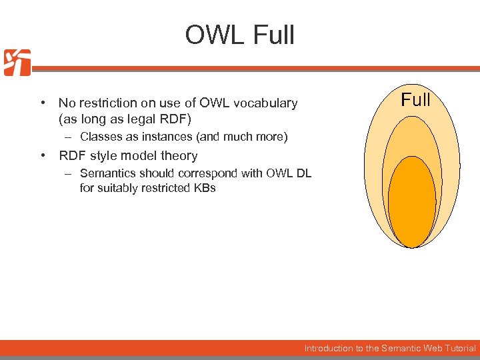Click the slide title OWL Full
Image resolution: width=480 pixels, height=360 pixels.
[x=239, y=35]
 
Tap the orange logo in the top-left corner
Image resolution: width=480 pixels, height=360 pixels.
[x=17, y=63]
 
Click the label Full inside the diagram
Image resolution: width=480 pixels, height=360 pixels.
[x=415, y=101]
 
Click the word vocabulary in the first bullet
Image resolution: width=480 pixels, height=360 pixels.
[x=266, y=103]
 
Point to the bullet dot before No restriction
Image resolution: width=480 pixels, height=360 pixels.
[x=42, y=103]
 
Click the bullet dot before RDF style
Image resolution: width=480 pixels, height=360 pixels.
[x=42, y=156]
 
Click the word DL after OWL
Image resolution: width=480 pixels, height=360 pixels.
[x=303, y=173]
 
